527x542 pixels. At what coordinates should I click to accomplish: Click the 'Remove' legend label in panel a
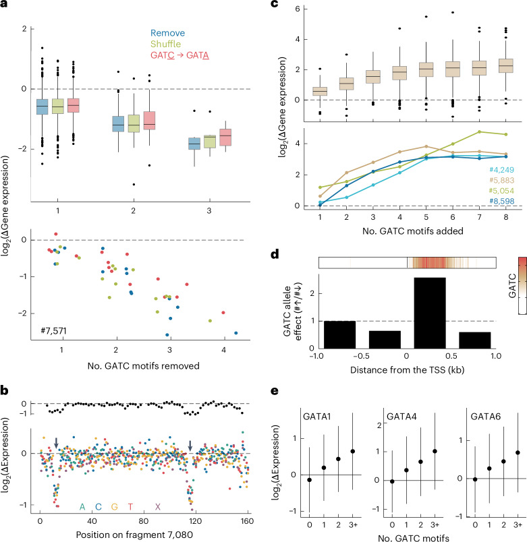point(167,33)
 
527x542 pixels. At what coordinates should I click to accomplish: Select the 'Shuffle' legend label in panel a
point(165,44)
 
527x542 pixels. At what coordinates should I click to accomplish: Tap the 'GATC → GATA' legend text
point(179,55)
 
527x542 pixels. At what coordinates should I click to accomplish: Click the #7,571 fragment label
point(53,331)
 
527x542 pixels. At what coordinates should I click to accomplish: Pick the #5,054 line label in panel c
point(501,191)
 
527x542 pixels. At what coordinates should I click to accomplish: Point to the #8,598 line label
point(501,201)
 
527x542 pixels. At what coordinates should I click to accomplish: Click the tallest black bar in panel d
point(430,313)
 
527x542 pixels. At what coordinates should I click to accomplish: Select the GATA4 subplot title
point(401,417)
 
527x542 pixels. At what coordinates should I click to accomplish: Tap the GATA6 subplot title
point(485,417)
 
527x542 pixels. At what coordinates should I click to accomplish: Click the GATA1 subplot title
point(317,417)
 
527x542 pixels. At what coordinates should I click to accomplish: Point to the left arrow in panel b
point(57,443)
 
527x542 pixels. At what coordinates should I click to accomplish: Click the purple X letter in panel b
point(158,507)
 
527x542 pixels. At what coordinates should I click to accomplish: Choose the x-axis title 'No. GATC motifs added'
point(412,231)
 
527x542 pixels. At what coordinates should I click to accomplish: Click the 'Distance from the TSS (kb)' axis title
point(407,370)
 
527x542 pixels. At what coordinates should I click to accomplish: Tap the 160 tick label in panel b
point(247,521)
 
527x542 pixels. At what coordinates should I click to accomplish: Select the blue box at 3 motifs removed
point(194,144)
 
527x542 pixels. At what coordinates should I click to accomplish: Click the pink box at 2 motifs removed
point(150,121)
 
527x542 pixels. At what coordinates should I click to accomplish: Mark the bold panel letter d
point(275,255)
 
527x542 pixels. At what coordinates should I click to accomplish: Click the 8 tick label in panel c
point(506,217)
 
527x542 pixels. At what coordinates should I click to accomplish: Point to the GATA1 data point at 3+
point(353,452)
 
